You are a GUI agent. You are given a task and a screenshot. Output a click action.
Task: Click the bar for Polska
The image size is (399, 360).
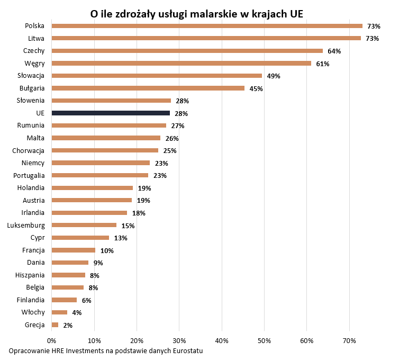pyautogui.click(x=207, y=26)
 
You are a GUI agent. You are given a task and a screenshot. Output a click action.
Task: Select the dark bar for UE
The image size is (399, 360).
pyautogui.click(x=111, y=113)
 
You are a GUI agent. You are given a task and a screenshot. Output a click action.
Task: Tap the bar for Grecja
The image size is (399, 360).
pyautogui.click(x=55, y=325)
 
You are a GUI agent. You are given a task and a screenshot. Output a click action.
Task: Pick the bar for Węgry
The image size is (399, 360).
pyautogui.click(x=182, y=64)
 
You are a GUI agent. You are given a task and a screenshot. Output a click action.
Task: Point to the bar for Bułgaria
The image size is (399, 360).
pyautogui.click(x=148, y=88)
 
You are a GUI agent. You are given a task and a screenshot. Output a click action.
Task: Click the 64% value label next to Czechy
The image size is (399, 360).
pyautogui.click(x=334, y=51)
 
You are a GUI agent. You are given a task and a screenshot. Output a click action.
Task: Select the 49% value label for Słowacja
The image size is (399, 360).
pyautogui.click(x=274, y=76)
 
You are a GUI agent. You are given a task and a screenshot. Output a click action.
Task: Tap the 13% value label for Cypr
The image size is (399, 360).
pyautogui.click(x=121, y=238)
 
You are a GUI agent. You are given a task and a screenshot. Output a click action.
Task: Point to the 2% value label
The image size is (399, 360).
pyautogui.click(x=68, y=325)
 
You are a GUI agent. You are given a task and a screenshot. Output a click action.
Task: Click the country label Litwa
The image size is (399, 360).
pyautogui.click(x=36, y=38)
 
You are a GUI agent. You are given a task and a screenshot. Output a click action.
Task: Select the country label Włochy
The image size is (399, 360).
pyautogui.click(x=33, y=312)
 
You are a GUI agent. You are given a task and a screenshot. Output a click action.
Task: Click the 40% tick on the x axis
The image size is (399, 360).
pyautogui.click(x=222, y=340)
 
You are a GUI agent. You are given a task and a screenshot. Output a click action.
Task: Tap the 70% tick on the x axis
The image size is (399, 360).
pyautogui.click(x=349, y=340)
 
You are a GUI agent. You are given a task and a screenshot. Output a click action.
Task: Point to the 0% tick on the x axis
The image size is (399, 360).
pyautogui.click(x=52, y=340)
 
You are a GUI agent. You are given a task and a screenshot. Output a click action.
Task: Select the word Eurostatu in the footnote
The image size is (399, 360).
pyautogui.click(x=187, y=351)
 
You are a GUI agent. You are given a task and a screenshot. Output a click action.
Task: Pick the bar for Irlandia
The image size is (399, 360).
pyautogui.click(x=89, y=213)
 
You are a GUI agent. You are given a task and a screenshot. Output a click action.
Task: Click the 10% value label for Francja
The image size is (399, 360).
pyautogui.click(x=107, y=250)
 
